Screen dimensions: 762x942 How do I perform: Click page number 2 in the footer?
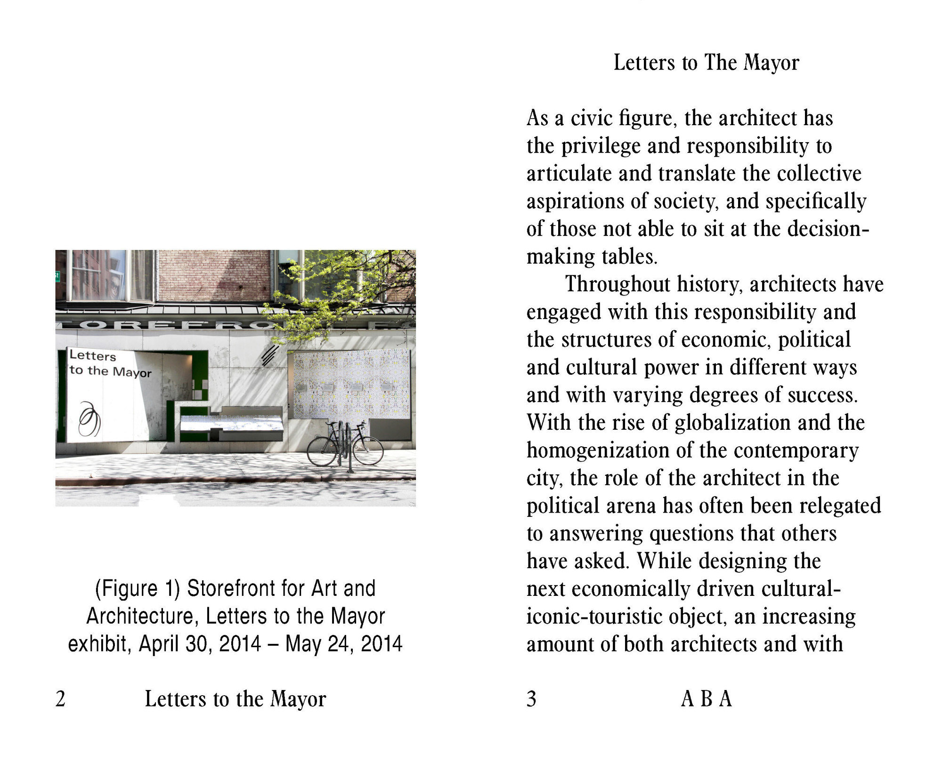point(60,699)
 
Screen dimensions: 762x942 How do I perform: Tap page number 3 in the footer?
point(531,699)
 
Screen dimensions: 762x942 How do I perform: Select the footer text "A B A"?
point(706,699)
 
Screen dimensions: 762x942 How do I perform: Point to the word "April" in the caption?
point(159,644)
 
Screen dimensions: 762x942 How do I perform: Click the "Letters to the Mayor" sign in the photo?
point(110,364)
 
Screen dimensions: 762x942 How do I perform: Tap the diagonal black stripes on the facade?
point(270,355)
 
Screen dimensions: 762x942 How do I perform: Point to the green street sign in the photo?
point(57,276)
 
